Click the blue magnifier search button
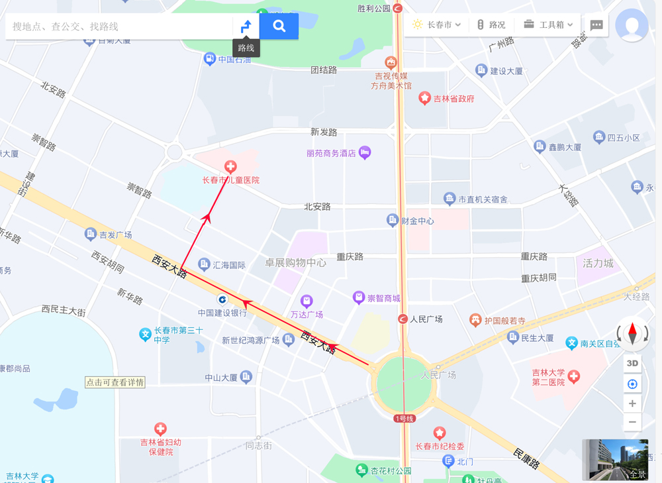point(279,27)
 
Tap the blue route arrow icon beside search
point(246,27)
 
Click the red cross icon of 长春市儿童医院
point(230,167)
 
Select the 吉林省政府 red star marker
point(425,99)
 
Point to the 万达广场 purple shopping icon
point(307,301)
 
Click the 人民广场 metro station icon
point(402,319)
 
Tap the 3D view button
point(632,363)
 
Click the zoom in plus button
point(632,403)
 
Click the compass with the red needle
point(632,333)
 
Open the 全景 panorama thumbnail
point(615,459)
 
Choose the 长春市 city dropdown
point(437,25)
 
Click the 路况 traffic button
point(491,25)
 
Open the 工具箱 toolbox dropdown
point(548,25)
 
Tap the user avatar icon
point(632,25)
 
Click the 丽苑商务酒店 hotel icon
point(364,153)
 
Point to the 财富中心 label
point(417,221)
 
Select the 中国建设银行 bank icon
point(222,299)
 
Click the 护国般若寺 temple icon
point(475,321)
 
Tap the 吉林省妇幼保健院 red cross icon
point(160,429)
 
